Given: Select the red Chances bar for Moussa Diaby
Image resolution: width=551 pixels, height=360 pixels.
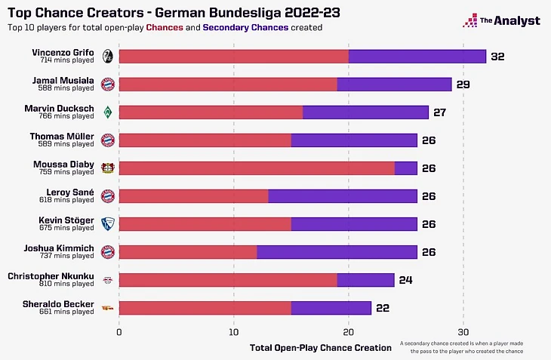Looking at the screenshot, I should point(257,168).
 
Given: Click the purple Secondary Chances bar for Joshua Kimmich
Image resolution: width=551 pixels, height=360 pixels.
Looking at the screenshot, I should point(337,251).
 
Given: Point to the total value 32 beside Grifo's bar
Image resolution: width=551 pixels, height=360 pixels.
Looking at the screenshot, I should point(497,57).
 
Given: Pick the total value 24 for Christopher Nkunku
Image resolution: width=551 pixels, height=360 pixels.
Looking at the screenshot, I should point(405,280).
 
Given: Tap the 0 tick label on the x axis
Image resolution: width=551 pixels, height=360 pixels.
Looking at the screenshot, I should point(119,331).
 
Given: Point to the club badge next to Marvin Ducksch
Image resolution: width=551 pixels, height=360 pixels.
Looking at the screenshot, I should point(108,112).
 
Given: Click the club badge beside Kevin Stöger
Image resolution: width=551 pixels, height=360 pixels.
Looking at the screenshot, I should point(108,223).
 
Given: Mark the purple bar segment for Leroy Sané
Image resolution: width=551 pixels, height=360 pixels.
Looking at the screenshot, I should point(343,196).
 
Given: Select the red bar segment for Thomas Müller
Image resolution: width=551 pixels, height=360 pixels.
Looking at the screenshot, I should point(205,140).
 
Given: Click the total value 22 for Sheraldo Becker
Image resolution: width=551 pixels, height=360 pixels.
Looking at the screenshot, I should point(383,308).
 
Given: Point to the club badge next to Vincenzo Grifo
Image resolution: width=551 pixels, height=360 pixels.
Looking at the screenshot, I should point(108,57).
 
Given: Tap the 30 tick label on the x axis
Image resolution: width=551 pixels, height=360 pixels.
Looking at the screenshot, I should point(463,331).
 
